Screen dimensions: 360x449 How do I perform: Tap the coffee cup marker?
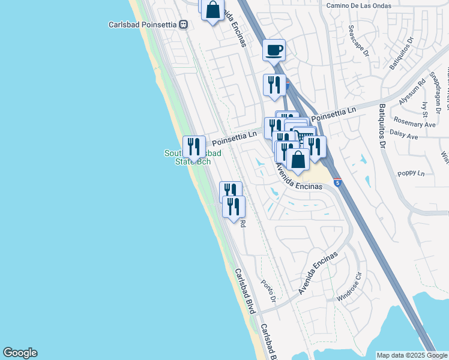tap(274, 50)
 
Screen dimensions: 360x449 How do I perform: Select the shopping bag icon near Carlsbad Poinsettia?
tap(212, 10)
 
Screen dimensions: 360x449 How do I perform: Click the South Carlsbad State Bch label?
tap(192, 157)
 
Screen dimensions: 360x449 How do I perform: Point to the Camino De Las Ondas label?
tap(358, 5)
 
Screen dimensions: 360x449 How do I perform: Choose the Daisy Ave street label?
tap(403, 137)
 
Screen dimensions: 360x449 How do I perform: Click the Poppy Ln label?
tap(411, 173)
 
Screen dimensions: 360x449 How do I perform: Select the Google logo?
tap(20, 353)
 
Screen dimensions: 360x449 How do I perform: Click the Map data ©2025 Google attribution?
tap(411, 355)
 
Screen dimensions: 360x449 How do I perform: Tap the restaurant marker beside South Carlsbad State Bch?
tap(194, 146)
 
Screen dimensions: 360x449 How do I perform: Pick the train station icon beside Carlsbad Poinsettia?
tap(184, 25)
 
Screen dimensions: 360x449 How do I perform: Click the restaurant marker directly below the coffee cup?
tap(274, 85)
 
